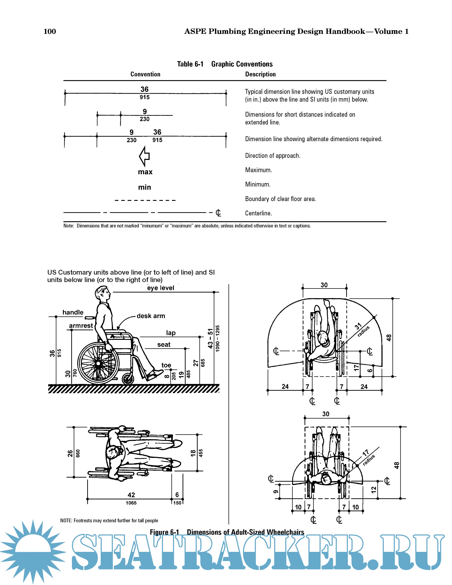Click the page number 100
[x=50, y=32]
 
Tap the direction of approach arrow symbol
[x=144, y=156]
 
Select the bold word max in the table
[x=145, y=172]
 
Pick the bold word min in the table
[x=145, y=187]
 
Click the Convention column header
[x=145, y=74]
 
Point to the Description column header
[x=260, y=74]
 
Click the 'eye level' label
[x=161, y=288]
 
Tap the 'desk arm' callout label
[x=151, y=316]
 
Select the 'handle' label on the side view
[x=73, y=312]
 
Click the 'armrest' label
[x=81, y=326]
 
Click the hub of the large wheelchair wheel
[x=98, y=363]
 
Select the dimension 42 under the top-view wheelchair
[x=131, y=495]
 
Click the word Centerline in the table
[x=258, y=213]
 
